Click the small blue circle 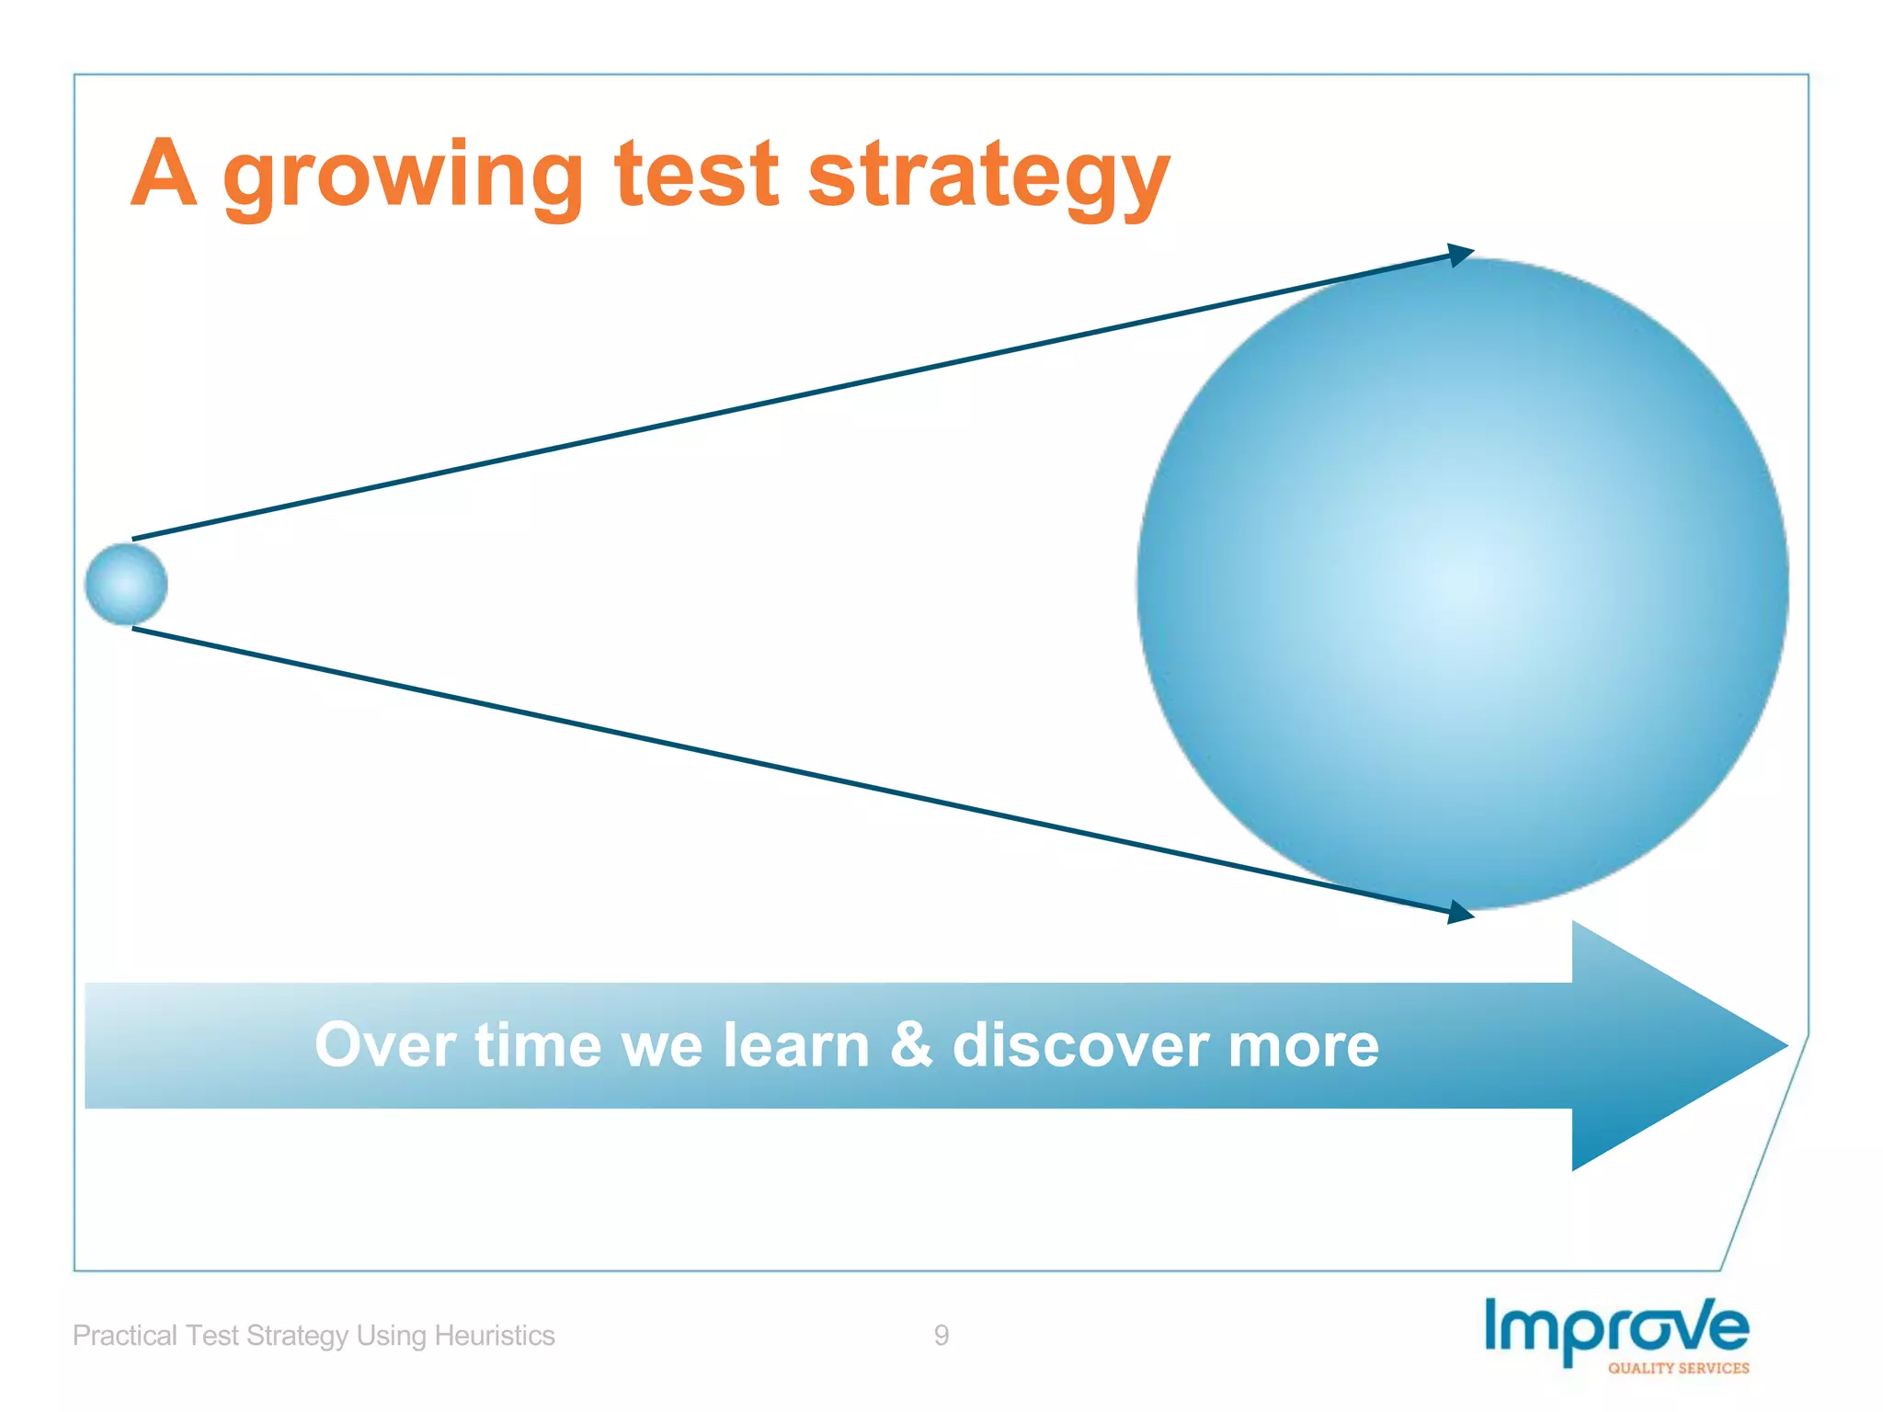[126, 585]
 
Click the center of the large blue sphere [1463, 585]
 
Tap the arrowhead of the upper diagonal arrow [1461, 255]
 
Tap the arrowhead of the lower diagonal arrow [1461, 912]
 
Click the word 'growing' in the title [403, 176]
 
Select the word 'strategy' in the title [988, 176]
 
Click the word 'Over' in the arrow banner [385, 1045]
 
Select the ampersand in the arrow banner [910, 1045]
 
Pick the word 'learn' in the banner [795, 1045]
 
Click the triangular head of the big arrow [1664, 1045]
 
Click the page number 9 [941, 1335]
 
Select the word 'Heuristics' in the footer [494, 1335]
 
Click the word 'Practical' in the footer [125, 1335]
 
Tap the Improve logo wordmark [1616, 1327]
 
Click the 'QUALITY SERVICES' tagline [1678, 1368]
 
